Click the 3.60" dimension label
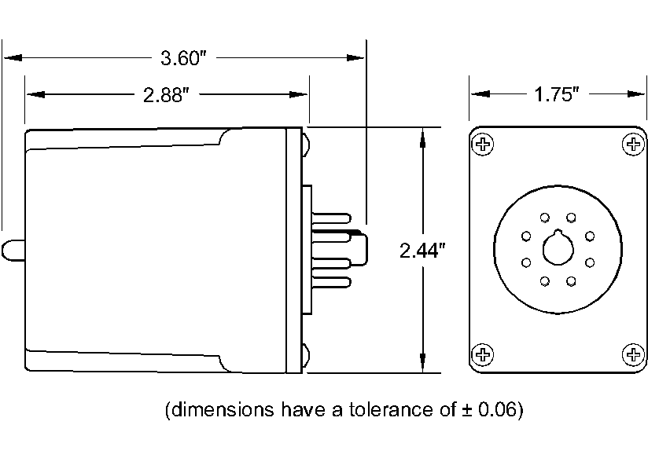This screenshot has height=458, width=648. click(182, 57)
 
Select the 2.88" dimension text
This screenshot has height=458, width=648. click(167, 95)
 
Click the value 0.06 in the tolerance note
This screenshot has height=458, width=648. click(498, 410)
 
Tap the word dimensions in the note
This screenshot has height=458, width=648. click(216, 410)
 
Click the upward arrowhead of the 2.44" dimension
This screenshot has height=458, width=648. click(423, 135)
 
